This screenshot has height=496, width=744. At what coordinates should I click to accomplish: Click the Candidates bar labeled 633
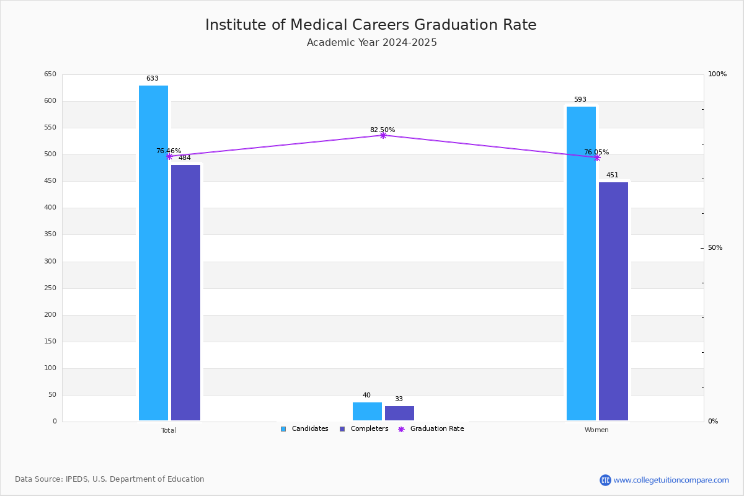[153, 253]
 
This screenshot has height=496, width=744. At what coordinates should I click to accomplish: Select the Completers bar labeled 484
[185, 293]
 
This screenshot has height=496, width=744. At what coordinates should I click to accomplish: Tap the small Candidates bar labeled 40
[367, 411]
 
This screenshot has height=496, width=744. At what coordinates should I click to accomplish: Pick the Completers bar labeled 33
[399, 414]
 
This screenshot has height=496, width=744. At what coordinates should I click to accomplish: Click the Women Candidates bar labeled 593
[581, 263]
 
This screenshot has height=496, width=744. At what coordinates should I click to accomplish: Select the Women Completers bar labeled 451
[613, 301]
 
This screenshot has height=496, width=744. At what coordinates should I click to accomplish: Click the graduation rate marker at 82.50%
[383, 136]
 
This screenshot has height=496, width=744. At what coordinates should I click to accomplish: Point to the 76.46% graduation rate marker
[169, 156]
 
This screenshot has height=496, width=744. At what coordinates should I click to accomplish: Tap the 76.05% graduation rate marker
[597, 158]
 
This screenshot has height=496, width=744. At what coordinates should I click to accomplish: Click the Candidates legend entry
[304, 429]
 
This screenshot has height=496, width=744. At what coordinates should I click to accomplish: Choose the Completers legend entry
[364, 429]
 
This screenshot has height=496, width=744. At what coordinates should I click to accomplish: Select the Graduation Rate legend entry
[431, 429]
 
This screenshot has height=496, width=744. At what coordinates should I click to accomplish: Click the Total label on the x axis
[169, 430]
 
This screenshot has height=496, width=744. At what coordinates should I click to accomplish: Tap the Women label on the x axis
[596, 430]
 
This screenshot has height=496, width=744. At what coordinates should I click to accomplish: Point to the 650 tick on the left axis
[50, 74]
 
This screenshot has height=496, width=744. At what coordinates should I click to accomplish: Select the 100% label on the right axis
[717, 74]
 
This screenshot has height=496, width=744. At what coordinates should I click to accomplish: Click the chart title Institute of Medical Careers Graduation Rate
[371, 25]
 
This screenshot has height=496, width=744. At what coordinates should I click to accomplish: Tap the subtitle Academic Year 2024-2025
[371, 43]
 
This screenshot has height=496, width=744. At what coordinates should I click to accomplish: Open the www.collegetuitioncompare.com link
[671, 480]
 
